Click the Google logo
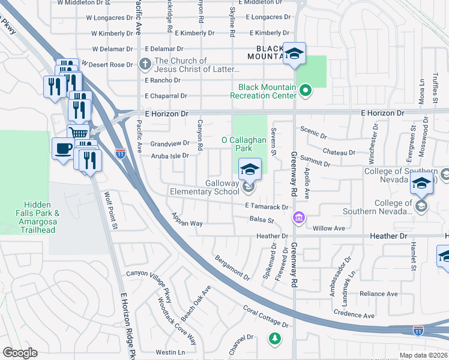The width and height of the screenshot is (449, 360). click(x=20, y=353)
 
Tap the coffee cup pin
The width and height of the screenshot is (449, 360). click(x=62, y=148)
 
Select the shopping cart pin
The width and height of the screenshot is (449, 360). click(x=77, y=133)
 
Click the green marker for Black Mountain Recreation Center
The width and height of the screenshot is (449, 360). click(x=305, y=91)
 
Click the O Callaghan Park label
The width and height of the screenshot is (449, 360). click(x=244, y=143)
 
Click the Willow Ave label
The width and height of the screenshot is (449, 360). click(x=328, y=228)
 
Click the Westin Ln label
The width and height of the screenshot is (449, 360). click(x=170, y=352)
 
